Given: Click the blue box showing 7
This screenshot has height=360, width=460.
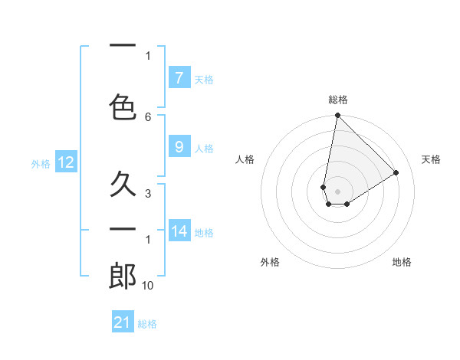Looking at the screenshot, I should click(179, 77).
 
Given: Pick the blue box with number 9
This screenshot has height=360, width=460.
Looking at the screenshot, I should click(179, 148).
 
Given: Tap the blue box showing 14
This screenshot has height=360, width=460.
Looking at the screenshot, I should click(179, 231).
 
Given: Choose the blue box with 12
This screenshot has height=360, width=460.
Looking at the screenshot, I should click(65, 162).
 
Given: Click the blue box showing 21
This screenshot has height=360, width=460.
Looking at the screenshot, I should click(123, 322).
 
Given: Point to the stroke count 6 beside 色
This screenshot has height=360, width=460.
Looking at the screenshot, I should click(148, 116).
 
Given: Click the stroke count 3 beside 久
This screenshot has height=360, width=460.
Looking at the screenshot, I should click(148, 193).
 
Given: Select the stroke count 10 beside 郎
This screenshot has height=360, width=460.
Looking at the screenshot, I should click(149, 285).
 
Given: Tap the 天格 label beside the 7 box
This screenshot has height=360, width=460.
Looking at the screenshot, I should click(204, 79).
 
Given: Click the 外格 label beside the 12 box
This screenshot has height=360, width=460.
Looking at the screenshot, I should click(41, 163).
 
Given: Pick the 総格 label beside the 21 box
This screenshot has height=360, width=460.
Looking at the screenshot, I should click(147, 324).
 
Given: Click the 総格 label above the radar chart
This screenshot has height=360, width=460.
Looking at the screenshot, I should click(338, 100).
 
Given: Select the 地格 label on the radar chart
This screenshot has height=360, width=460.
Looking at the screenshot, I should click(402, 262).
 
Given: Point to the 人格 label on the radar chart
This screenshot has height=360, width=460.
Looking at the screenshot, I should click(245, 159).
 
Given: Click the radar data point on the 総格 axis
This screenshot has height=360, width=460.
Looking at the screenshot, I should click(337, 116).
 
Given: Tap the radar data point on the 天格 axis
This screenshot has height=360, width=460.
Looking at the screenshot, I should click(396, 172).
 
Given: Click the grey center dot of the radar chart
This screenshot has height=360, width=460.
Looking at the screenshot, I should click(337, 191).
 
